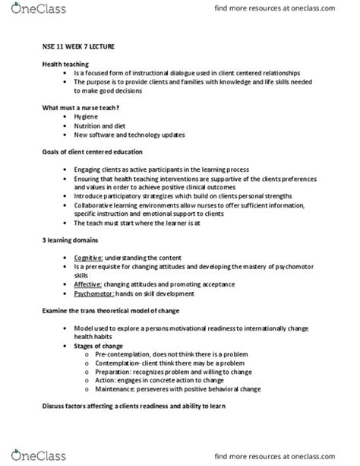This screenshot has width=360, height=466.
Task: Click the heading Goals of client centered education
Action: click(98, 152)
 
